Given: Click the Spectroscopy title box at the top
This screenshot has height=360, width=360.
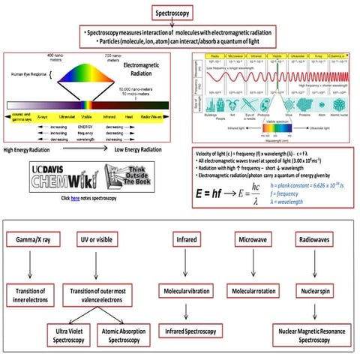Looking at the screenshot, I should click(180, 13).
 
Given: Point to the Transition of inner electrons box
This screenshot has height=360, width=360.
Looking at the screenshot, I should click(31, 293).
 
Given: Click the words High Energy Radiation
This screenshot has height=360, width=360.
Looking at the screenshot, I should click(36, 150).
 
